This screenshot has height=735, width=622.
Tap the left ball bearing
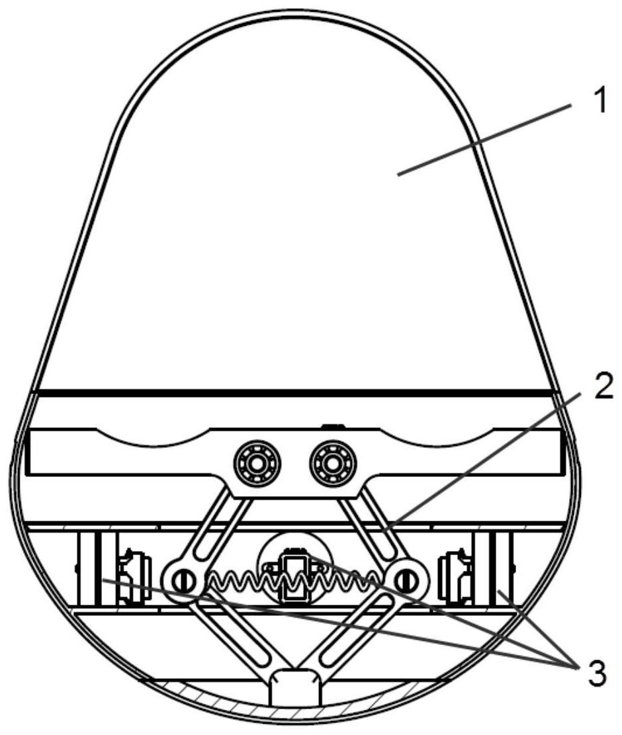pyautogui.click(x=257, y=462)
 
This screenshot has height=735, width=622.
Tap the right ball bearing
pyautogui.click(x=333, y=462)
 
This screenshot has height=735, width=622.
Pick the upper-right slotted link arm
pyautogui.click(x=380, y=532)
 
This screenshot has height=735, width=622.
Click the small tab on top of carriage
pyautogui.click(x=333, y=427)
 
